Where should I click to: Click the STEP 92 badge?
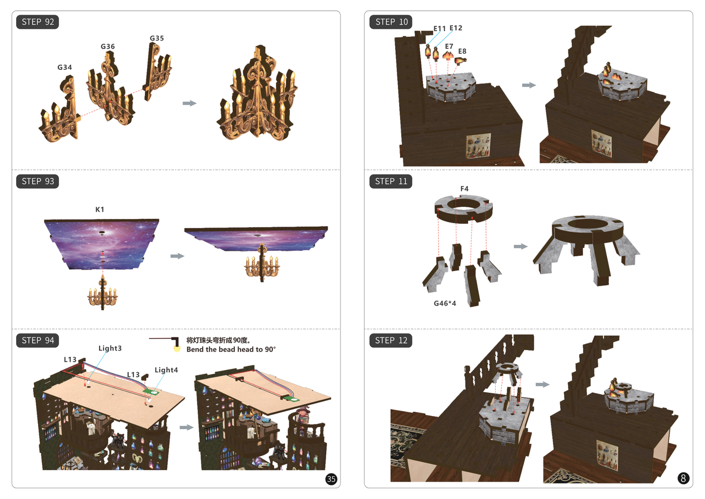pyautogui.click(x=38, y=22)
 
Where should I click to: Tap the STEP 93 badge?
pyautogui.click(x=38, y=181)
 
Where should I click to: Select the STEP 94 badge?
pyautogui.click(x=38, y=340)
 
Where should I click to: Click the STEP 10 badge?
pyautogui.click(x=391, y=22)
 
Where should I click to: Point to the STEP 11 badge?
pyautogui.click(x=391, y=181)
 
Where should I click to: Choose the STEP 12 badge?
pyautogui.click(x=391, y=340)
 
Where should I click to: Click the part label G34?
pyautogui.click(x=64, y=67)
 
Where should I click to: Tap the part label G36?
pyautogui.click(x=108, y=46)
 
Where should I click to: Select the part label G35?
pyautogui.click(x=157, y=38)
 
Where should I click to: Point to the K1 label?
pyautogui.click(x=100, y=209)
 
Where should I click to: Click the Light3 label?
pyautogui.click(x=110, y=348)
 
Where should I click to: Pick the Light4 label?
pyautogui.click(x=166, y=370)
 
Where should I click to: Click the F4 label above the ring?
pyautogui.click(x=464, y=188)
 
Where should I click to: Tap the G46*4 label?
pyautogui.click(x=444, y=303)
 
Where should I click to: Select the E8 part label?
pyautogui.click(x=462, y=51)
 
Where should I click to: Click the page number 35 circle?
pyautogui.click(x=331, y=479)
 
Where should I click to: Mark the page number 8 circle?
pyautogui.click(x=683, y=478)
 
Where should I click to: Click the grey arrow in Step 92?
pyautogui.click(x=189, y=104)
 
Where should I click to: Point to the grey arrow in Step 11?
pyautogui.click(x=521, y=247)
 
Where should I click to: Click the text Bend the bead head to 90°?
pyautogui.click(x=231, y=350)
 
